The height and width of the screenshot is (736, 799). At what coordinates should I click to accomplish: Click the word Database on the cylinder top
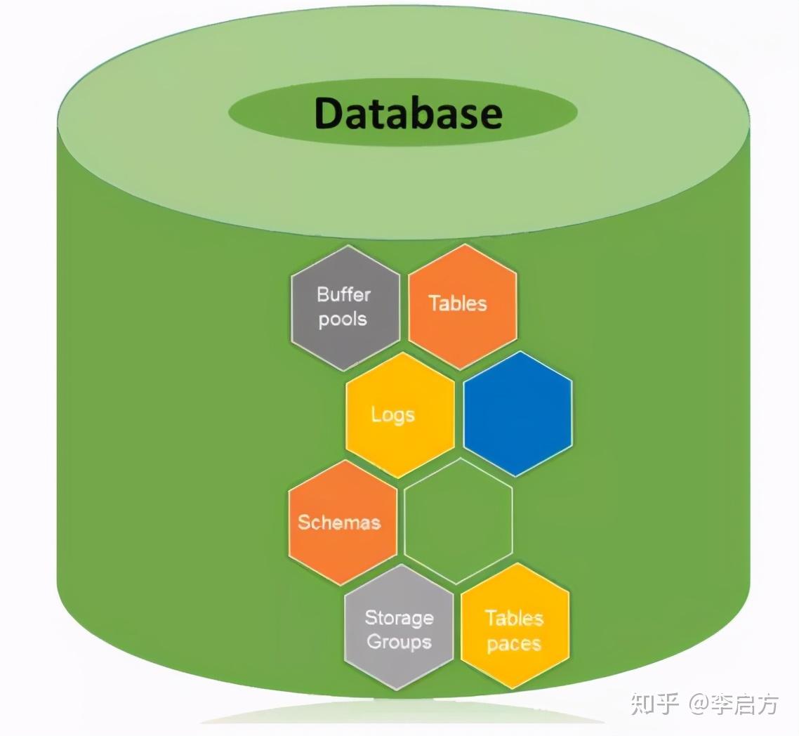coord(408,112)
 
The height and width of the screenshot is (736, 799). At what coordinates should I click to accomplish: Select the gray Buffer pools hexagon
coord(345,308)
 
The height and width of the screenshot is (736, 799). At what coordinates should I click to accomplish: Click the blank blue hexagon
coord(517,414)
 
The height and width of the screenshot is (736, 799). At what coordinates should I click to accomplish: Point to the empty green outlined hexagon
coord(458,520)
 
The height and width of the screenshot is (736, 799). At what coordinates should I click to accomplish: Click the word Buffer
coord(343,294)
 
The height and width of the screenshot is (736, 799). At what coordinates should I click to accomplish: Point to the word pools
coord(343,320)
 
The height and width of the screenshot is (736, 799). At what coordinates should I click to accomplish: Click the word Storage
coord(399,618)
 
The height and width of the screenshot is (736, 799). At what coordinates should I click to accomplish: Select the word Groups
coord(399,642)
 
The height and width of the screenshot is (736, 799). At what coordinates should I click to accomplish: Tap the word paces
coord(514,644)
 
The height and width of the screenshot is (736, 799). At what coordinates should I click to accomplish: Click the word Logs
coord(392,415)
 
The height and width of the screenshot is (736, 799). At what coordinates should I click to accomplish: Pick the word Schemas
coord(339,523)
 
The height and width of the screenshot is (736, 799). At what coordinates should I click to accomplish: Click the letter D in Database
coord(330,113)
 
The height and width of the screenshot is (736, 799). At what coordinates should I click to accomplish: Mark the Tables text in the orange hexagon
coord(458,303)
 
